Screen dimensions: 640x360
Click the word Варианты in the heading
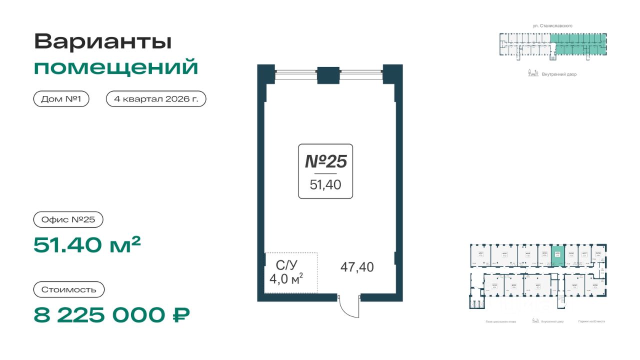click(x=103, y=42)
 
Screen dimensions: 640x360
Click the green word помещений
click(x=116, y=67)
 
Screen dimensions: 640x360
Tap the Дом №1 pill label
click(x=61, y=99)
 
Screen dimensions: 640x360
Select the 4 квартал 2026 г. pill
click(x=156, y=99)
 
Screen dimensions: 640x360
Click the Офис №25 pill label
click(x=61, y=219)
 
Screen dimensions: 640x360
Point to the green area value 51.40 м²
click(x=87, y=244)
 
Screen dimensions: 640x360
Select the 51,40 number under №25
click(x=325, y=185)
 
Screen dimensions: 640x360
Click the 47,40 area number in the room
click(x=357, y=267)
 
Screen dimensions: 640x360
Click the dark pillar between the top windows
click(x=328, y=75)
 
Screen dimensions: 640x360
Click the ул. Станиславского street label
click(x=552, y=25)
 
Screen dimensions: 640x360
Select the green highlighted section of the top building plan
click(x=578, y=44)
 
